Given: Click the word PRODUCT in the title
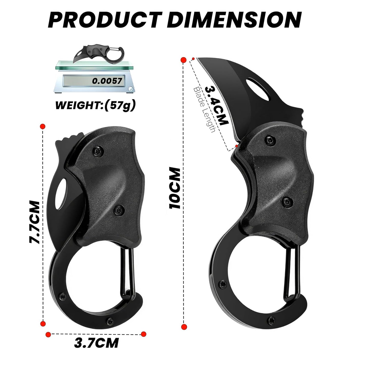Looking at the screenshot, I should (x=104, y=20).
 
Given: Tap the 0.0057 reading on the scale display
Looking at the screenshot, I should (x=107, y=81).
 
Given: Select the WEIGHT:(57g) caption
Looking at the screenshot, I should (x=95, y=105).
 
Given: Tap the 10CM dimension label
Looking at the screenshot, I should (x=175, y=188).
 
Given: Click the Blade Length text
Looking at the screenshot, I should (x=204, y=110).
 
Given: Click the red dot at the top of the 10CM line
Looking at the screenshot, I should (x=184, y=60).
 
